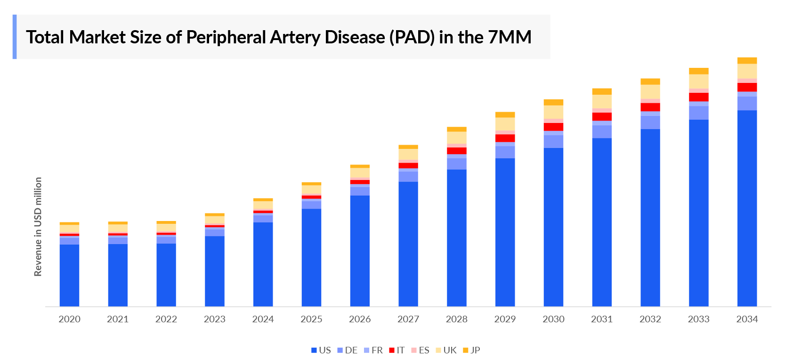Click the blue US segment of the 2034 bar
tap(747, 207)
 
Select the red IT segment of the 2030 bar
tap(553, 127)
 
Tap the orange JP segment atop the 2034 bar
tap(747, 60)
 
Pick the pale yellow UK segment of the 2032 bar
tap(650, 91)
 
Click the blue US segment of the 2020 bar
tap(69, 275)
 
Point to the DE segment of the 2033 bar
tap(698, 113)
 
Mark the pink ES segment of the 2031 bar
tap(602, 111)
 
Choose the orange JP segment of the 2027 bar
tap(408, 147)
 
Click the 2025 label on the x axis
tap(311, 319)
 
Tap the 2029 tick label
tap(505, 319)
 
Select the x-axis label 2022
tap(166, 319)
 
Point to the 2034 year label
tap(747, 319)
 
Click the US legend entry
tap(321, 350)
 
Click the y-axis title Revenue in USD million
tap(38, 227)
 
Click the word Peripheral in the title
tap(226, 37)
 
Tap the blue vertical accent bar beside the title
tap(15, 37)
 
